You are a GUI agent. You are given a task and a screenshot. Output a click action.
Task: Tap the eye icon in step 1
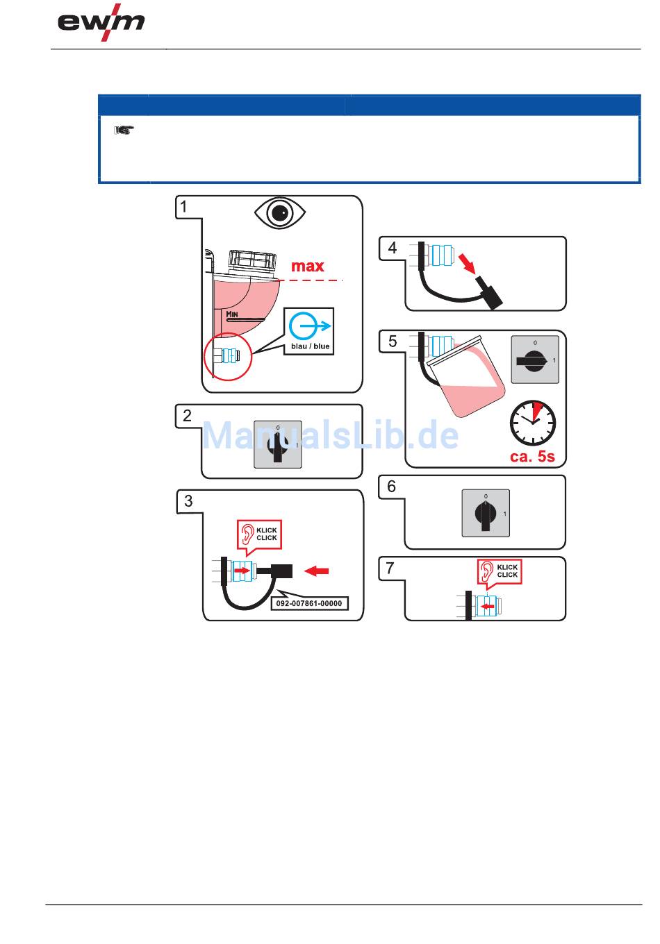point(279,213)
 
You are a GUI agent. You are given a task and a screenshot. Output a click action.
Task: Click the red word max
point(307,266)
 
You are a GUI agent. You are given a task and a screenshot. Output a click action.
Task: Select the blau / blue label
point(311,346)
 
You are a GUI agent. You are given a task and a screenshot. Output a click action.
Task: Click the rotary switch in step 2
point(278,444)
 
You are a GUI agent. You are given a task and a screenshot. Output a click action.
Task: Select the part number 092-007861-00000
point(309,603)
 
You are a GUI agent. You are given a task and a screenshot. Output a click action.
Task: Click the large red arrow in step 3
point(317,571)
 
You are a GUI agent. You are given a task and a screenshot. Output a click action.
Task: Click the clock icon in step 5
point(533,423)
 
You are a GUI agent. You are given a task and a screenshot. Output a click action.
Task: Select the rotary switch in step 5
point(534,360)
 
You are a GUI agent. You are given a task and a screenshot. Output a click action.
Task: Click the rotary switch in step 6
point(486,513)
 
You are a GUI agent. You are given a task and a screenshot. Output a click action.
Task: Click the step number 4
point(393,248)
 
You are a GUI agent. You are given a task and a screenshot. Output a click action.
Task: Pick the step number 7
point(390,568)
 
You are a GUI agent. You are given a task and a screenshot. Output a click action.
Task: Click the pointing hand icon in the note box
point(123,129)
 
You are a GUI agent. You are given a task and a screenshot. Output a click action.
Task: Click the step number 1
point(183,206)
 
